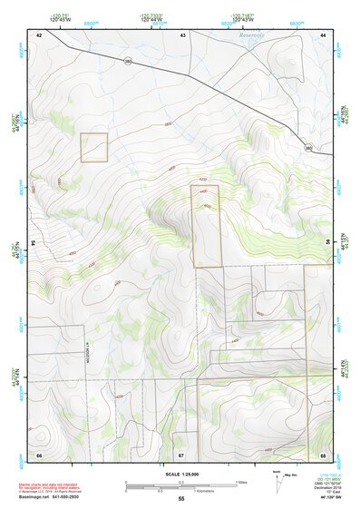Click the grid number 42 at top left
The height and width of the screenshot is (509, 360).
(39, 34)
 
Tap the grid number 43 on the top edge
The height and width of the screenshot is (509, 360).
(182, 34)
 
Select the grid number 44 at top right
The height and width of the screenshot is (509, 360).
(323, 34)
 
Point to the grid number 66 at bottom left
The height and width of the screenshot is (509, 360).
(39, 454)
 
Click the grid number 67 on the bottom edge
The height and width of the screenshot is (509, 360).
(181, 454)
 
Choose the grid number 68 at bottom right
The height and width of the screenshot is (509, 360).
(323, 454)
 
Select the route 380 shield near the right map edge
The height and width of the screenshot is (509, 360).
(308, 147)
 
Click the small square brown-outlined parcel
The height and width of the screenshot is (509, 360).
(93, 147)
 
